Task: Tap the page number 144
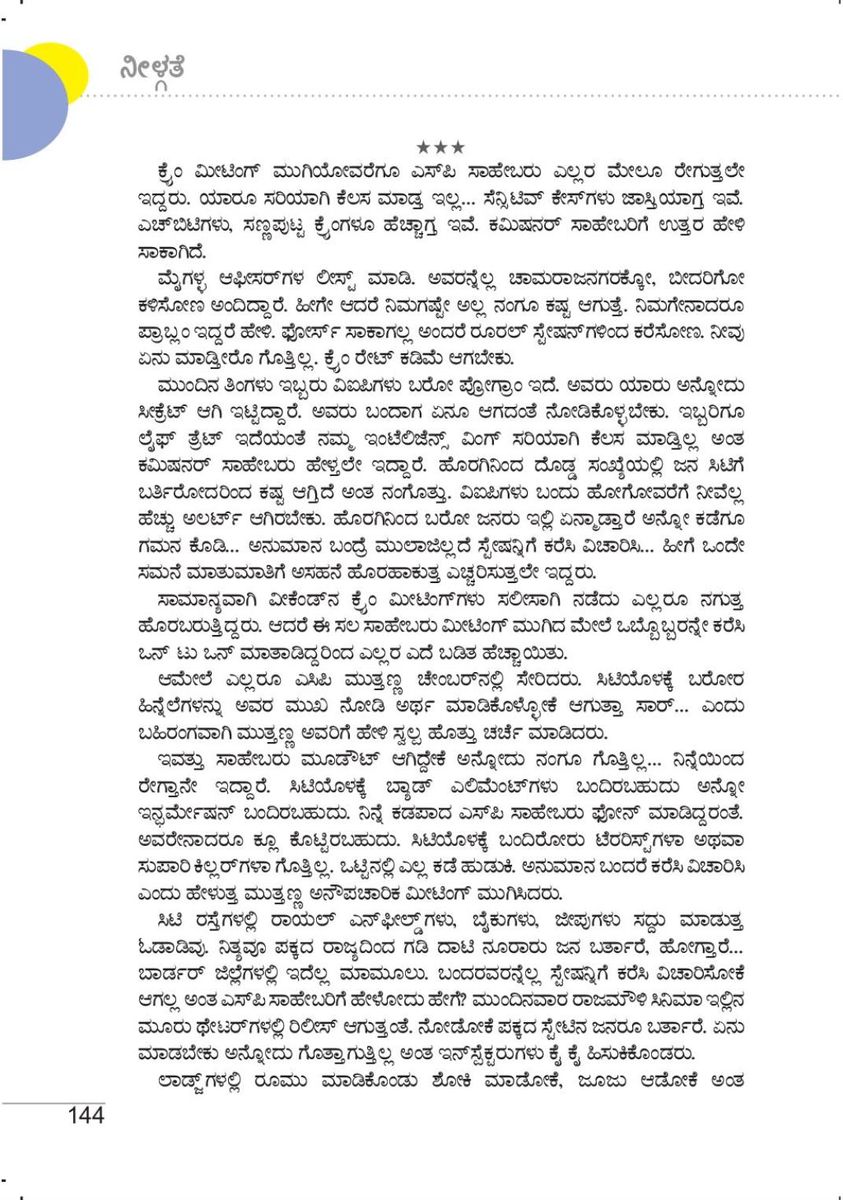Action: pos(86,1114)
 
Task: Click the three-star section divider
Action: pos(440,147)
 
